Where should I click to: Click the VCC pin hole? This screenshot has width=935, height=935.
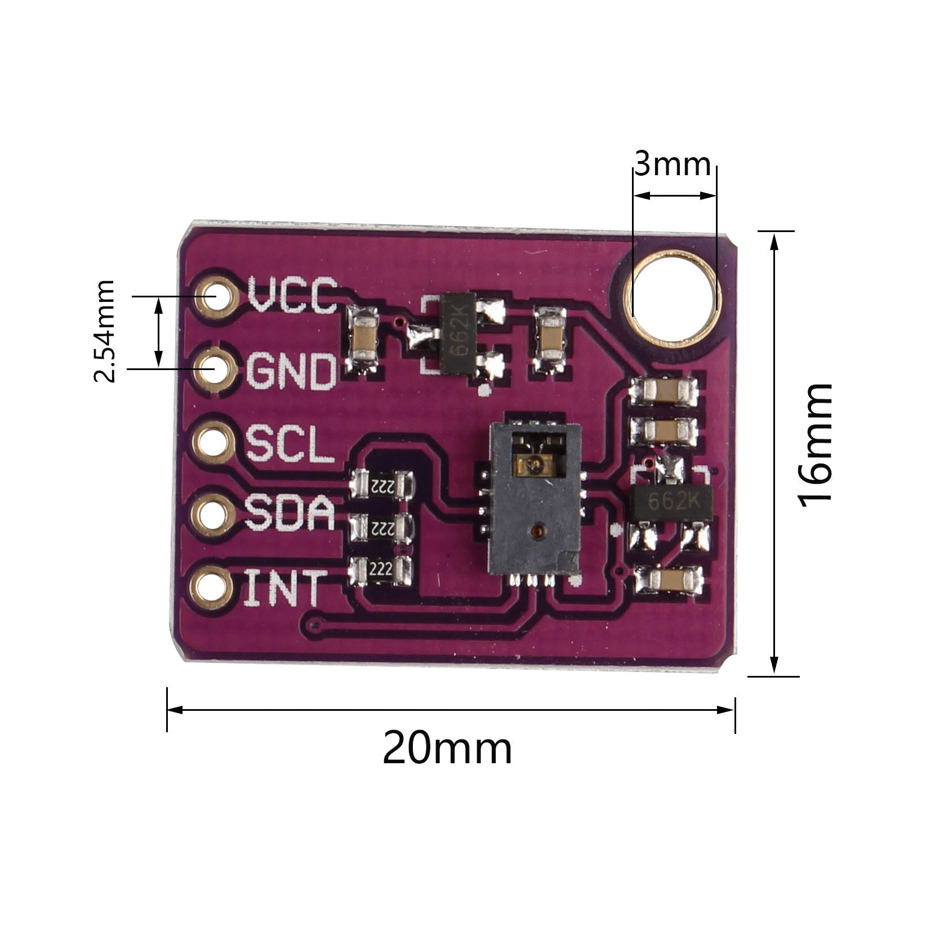click(x=215, y=296)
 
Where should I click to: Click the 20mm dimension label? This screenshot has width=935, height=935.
click(x=447, y=749)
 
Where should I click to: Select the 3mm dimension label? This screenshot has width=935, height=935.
click(x=673, y=164)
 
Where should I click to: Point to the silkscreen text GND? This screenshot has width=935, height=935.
click(x=291, y=371)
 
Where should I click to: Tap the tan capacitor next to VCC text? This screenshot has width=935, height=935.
click(x=364, y=340)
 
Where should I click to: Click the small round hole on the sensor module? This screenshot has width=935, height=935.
click(x=536, y=531)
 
